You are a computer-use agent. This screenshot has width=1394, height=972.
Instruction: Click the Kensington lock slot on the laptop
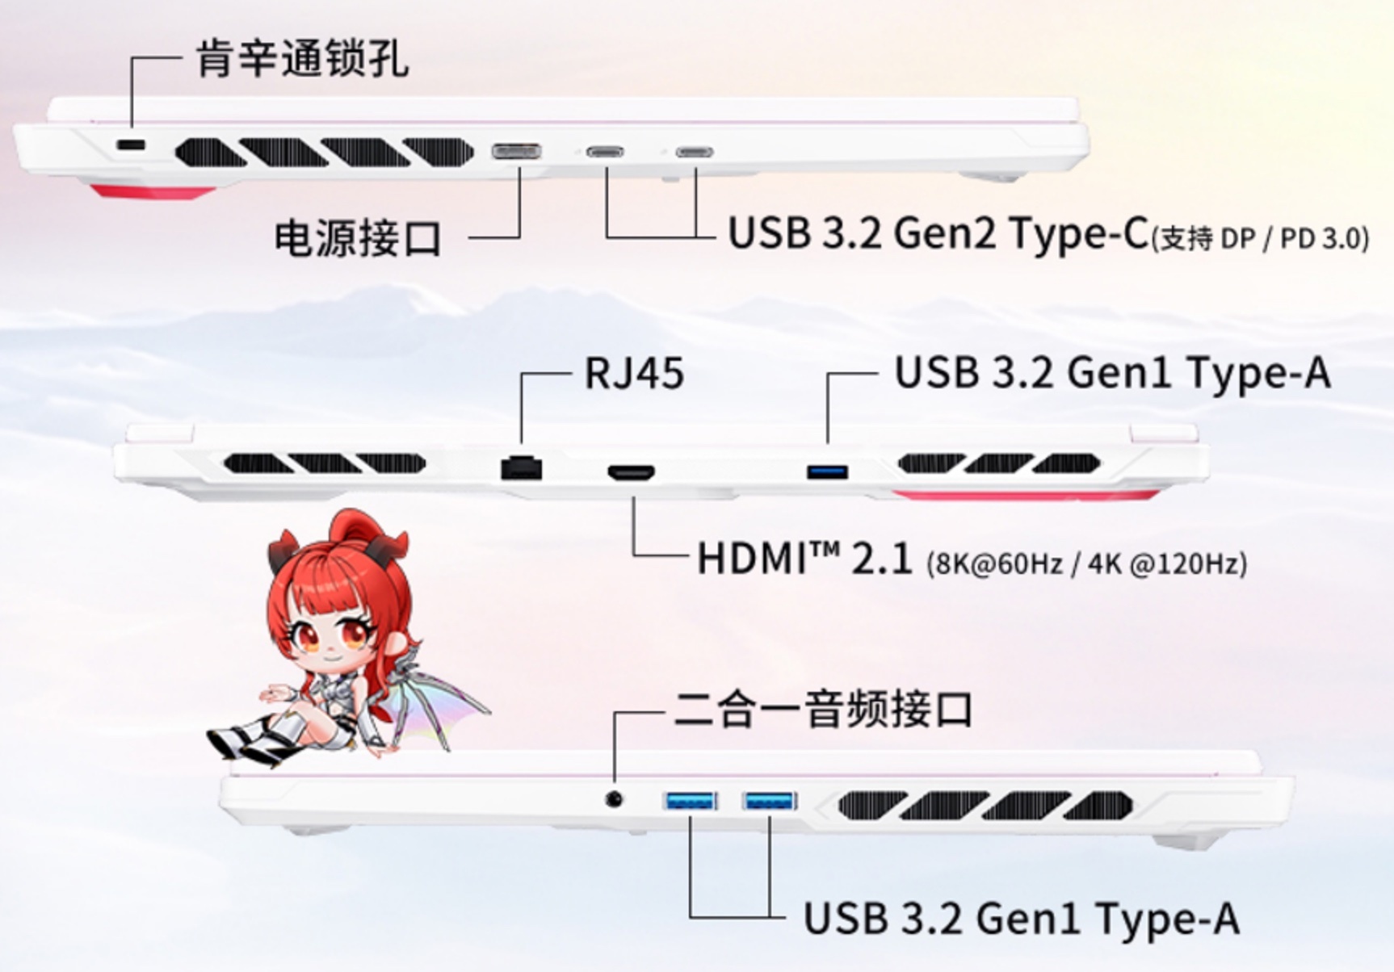click(x=131, y=146)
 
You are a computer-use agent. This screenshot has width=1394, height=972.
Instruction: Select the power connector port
click(x=517, y=151)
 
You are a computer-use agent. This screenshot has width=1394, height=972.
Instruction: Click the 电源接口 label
click(x=359, y=238)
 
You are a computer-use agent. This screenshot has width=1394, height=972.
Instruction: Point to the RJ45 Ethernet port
click(x=521, y=467)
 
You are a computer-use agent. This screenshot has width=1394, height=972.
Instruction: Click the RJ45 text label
click(x=634, y=374)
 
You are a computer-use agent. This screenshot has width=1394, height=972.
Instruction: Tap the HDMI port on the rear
click(x=632, y=472)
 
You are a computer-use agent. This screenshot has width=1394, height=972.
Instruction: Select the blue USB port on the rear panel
click(x=827, y=471)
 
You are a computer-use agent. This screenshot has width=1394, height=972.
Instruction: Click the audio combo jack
click(x=615, y=799)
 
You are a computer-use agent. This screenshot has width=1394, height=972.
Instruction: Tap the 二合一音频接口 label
click(x=823, y=710)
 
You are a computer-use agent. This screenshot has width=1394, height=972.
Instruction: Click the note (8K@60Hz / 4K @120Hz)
click(x=1087, y=563)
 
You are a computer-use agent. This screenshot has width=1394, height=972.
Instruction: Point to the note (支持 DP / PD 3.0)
click(x=1261, y=239)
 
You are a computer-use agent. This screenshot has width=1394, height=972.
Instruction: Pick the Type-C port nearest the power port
click(x=605, y=151)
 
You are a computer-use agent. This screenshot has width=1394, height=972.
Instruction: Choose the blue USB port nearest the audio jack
click(x=691, y=801)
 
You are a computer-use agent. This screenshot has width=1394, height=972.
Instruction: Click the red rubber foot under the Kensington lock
click(x=153, y=191)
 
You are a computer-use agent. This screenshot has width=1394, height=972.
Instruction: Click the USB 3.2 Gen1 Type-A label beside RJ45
click(x=1113, y=374)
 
